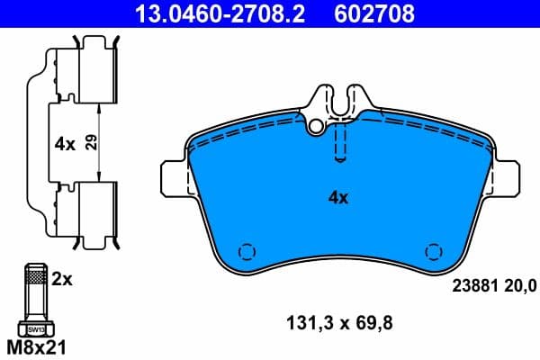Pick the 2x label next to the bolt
pos(62,280)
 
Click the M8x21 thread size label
pos(37,346)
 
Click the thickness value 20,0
pos(518,286)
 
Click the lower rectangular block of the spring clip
pos(93,209)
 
